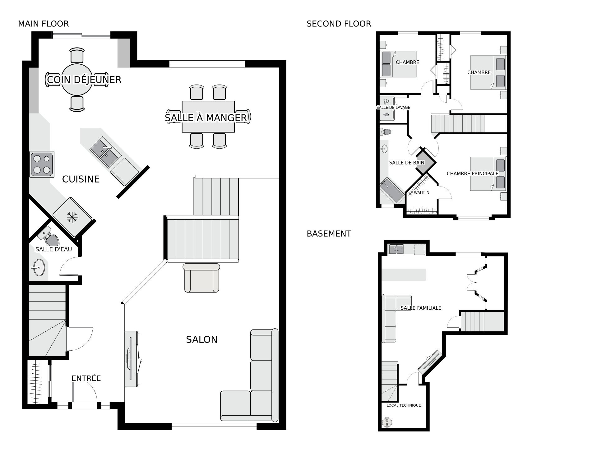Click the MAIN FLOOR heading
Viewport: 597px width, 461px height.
pyautogui.click(x=43, y=24)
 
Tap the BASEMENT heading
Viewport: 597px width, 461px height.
pyautogui.click(x=329, y=234)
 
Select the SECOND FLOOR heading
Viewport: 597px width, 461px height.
pyautogui.click(x=339, y=24)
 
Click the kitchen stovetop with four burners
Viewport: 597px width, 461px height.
pyautogui.click(x=42, y=164)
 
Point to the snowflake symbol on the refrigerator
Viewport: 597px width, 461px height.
pyautogui.click(x=72, y=217)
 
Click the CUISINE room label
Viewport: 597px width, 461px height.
pyautogui.click(x=81, y=179)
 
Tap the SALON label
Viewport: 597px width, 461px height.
pyautogui.click(x=202, y=339)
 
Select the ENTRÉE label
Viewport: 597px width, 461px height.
pyautogui.click(x=86, y=378)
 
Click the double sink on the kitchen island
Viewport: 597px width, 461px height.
pyautogui.click(x=105, y=152)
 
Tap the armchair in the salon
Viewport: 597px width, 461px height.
pyautogui.click(x=201, y=278)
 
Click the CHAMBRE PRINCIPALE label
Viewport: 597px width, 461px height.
pyautogui.click(x=473, y=173)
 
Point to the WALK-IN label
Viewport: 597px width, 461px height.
pyautogui.click(x=422, y=193)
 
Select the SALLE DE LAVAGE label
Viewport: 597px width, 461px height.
pyautogui.click(x=393, y=108)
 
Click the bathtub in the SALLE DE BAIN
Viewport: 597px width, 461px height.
pyautogui.click(x=392, y=191)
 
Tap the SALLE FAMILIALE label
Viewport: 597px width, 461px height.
pyautogui.click(x=421, y=308)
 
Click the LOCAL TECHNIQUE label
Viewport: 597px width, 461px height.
pyautogui.click(x=404, y=405)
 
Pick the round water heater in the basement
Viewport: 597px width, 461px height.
pyautogui.click(x=387, y=422)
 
